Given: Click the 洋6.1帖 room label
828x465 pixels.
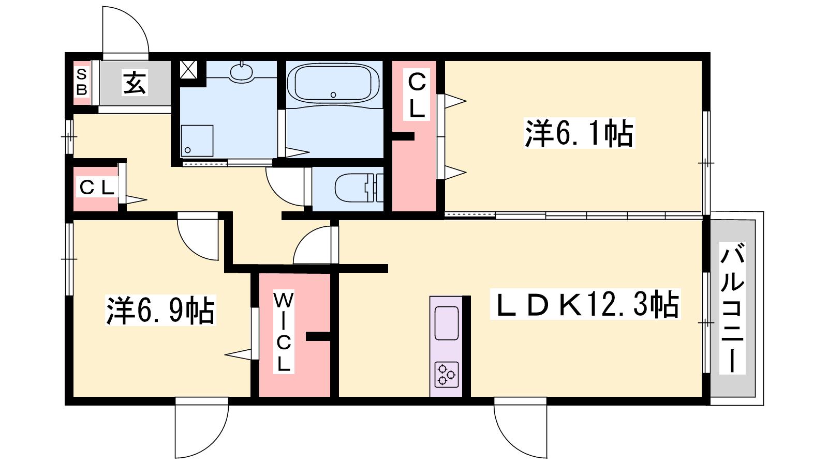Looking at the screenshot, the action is pyautogui.click(x=579, y=133).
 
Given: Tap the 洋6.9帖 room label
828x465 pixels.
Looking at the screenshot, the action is pyautogui.click(x=160, y=310).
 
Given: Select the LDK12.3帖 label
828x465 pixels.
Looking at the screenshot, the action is pyautogui.click(x=585, y=304).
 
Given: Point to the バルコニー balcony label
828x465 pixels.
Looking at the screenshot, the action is pyautogui.click(x=732, y=308).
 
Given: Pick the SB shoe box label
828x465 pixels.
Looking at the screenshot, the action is pyautogui.click(x=82, y=82).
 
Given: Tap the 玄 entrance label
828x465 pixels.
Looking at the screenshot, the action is pyautogui.click(x=135, y=83).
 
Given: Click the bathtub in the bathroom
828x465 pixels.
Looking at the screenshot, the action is pyautogui.click(x=333, y=84).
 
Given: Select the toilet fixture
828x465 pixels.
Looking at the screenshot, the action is pyautogui.click(x=359, y=188).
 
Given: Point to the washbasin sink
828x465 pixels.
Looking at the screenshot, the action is pyautogui.click(x=241, y=72).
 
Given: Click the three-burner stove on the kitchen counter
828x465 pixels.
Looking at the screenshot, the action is pyautogui.click(x=447, y=375).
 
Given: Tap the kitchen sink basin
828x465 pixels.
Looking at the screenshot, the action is pyautogui.click(x=447, y=323).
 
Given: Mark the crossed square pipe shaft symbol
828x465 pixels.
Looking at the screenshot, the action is pyautogui.click(x=188, y=69).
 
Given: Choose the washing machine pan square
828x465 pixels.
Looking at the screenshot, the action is pyautogui.click(x=197, y=141).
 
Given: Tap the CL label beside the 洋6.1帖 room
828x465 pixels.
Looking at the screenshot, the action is pyautogui.click(x=417, y=95).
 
